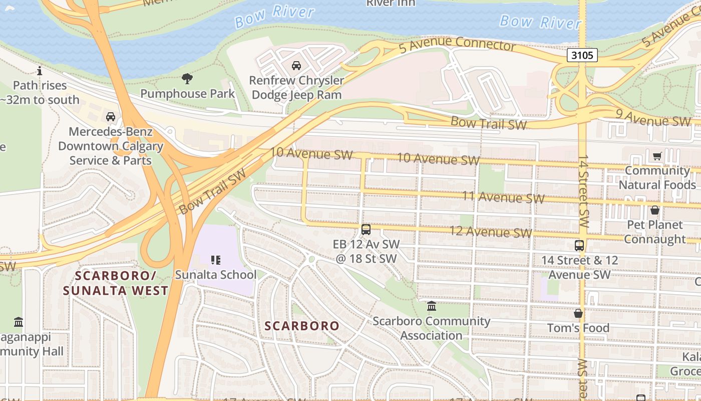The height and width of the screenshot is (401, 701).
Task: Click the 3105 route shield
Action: (582, 55)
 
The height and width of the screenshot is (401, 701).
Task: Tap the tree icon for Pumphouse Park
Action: (187, 78)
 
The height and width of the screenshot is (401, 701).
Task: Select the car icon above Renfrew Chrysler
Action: (296, 66)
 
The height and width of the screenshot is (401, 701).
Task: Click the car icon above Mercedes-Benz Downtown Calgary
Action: (111, 117)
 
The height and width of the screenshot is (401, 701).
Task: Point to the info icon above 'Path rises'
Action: (40, 71)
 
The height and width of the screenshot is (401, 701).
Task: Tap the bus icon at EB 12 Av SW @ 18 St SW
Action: (366, 230)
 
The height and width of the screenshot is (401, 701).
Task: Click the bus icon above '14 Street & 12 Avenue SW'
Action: (579, 246)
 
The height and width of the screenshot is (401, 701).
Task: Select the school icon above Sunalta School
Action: (215, 260)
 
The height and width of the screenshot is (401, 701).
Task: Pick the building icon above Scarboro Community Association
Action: (431, 306)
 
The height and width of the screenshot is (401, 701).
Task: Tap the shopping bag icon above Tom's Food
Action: (578, 313)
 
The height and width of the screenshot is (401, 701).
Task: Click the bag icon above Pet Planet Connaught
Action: (654, 210)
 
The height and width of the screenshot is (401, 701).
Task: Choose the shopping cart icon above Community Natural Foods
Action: (657, 156)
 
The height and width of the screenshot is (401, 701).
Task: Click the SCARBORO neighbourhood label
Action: (302, 326)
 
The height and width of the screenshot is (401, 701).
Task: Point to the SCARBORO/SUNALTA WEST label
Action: (116, 283)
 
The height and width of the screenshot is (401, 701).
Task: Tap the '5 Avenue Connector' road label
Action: (457, 45)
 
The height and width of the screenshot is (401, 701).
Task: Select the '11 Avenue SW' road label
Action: (503, 197)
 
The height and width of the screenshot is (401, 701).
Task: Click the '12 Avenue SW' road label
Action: (491, 232)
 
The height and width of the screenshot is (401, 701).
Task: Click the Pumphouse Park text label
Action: (187, 94)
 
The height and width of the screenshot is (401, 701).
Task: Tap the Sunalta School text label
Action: (215, 275)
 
